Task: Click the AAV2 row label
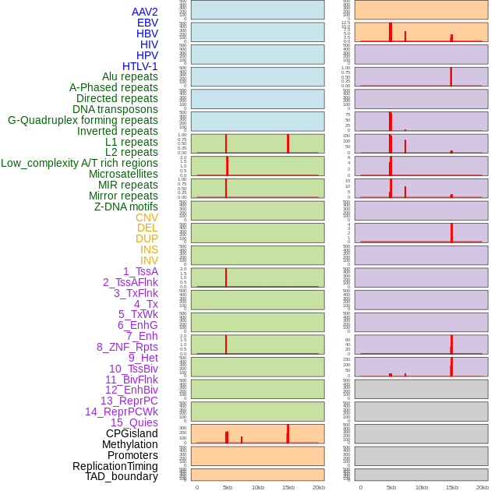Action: pos(144,12)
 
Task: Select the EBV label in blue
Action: pos(147,23)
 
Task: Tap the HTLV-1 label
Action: pos(140,66)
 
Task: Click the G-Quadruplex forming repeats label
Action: pos(83,120)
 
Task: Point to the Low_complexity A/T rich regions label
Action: pos(79,163)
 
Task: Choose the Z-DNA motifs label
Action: pos(126,207)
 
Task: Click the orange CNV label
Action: pos(147,217)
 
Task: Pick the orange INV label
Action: pos(149,260)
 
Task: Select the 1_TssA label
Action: pos(140,271)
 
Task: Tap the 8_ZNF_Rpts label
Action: pos(127,347)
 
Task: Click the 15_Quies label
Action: pos(134,422)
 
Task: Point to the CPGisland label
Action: pos(132,433)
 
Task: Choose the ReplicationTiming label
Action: pos(115,466)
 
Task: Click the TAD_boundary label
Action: pos(122,476)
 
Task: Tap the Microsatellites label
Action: pos(123,174)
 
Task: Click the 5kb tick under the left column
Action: pos(228,487)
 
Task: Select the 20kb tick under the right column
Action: pos(482,487)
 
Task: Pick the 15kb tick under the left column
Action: pos(288,487)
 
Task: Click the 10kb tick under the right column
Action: pos(422,487)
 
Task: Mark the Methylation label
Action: pos(130,444)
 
